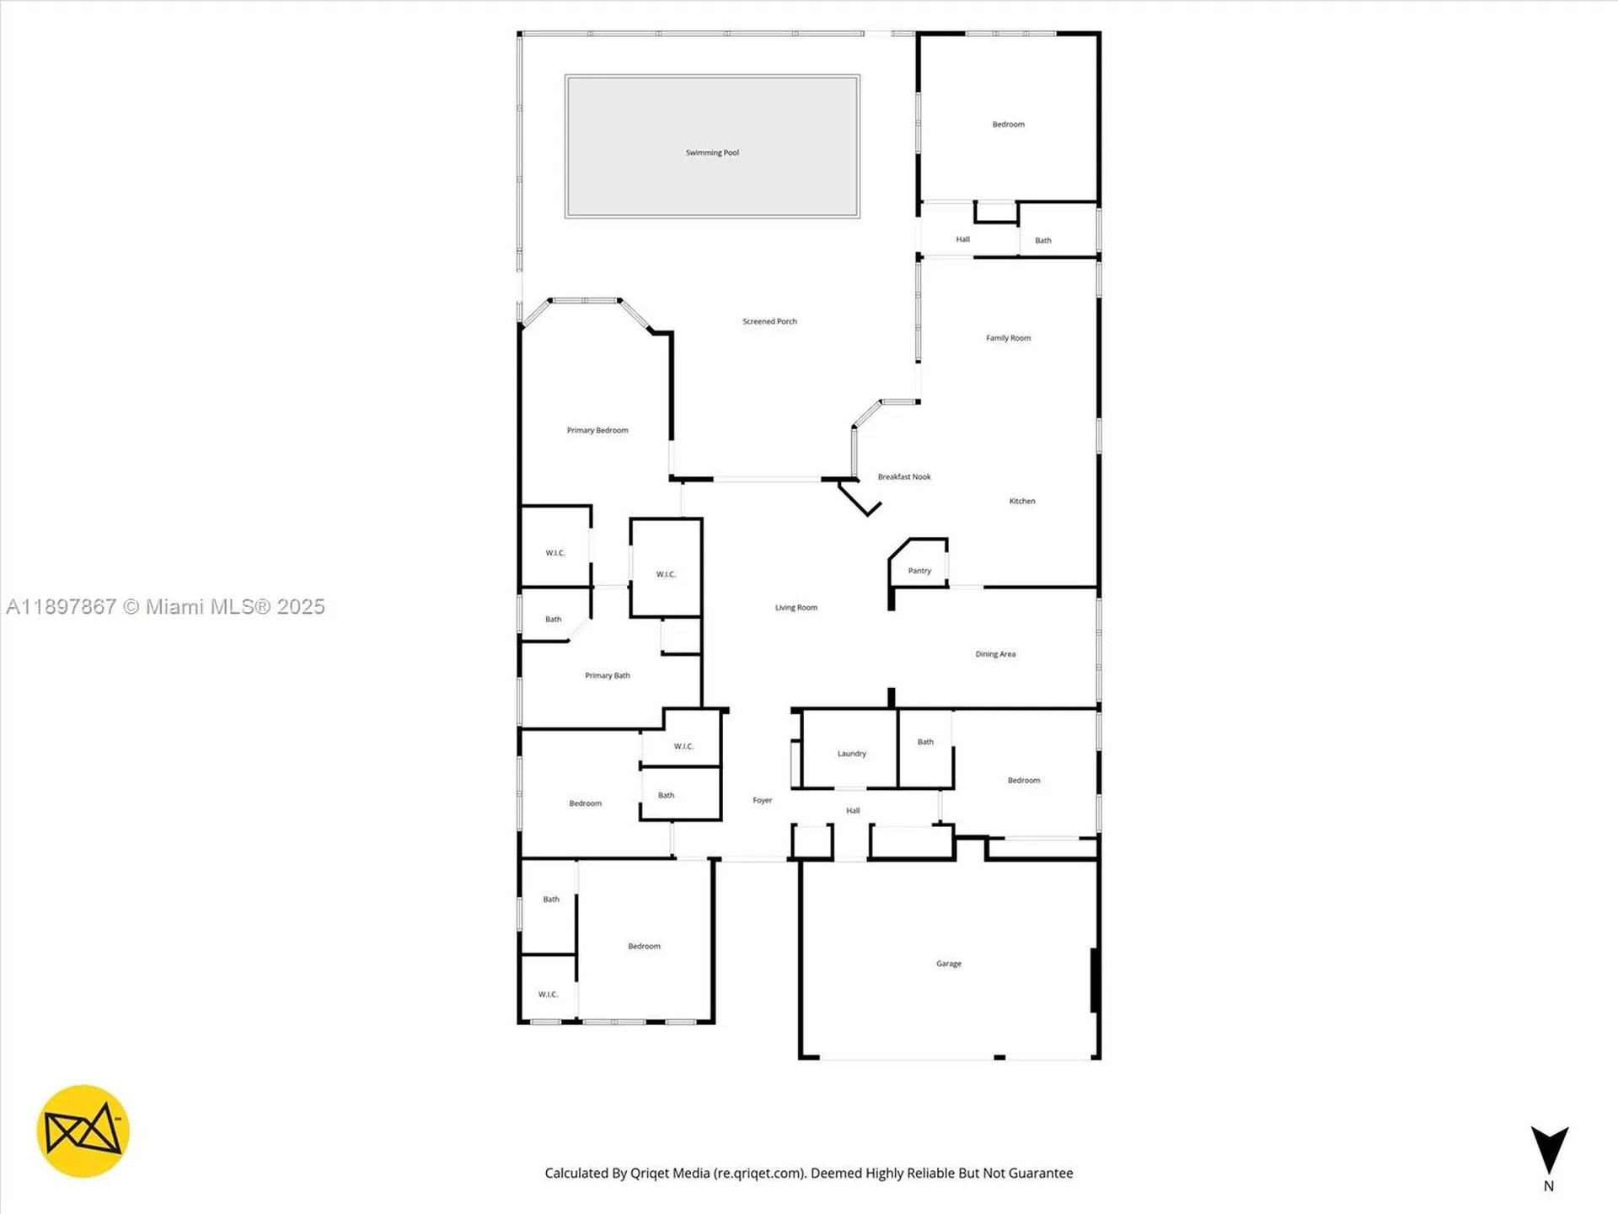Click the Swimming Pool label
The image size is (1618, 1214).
coord(712,153)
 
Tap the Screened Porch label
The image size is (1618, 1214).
coord(769,321)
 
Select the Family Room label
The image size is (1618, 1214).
coord(1008,338)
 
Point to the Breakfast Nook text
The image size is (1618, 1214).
coord(904,477)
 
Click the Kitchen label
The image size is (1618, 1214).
coord(1022,501)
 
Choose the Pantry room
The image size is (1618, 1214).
coord(919,571)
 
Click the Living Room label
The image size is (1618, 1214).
coord(796,608)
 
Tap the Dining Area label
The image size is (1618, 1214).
coord(995,654)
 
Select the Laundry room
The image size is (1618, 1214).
coord(851,754)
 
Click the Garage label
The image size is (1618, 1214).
coord(948,964)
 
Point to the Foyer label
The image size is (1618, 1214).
coord(762,800)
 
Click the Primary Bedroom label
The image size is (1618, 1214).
coord(597,431)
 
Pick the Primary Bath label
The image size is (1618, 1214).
coord(607,675)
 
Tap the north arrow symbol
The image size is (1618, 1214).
coord(1549,1150)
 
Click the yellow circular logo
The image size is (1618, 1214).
coord(83,1131)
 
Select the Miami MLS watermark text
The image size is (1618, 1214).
coord(165,607)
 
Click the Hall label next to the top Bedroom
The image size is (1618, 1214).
coord(962,239)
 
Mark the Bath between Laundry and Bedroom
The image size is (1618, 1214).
coord(925,742)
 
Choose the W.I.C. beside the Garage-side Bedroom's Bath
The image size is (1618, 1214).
coord(548,995)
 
